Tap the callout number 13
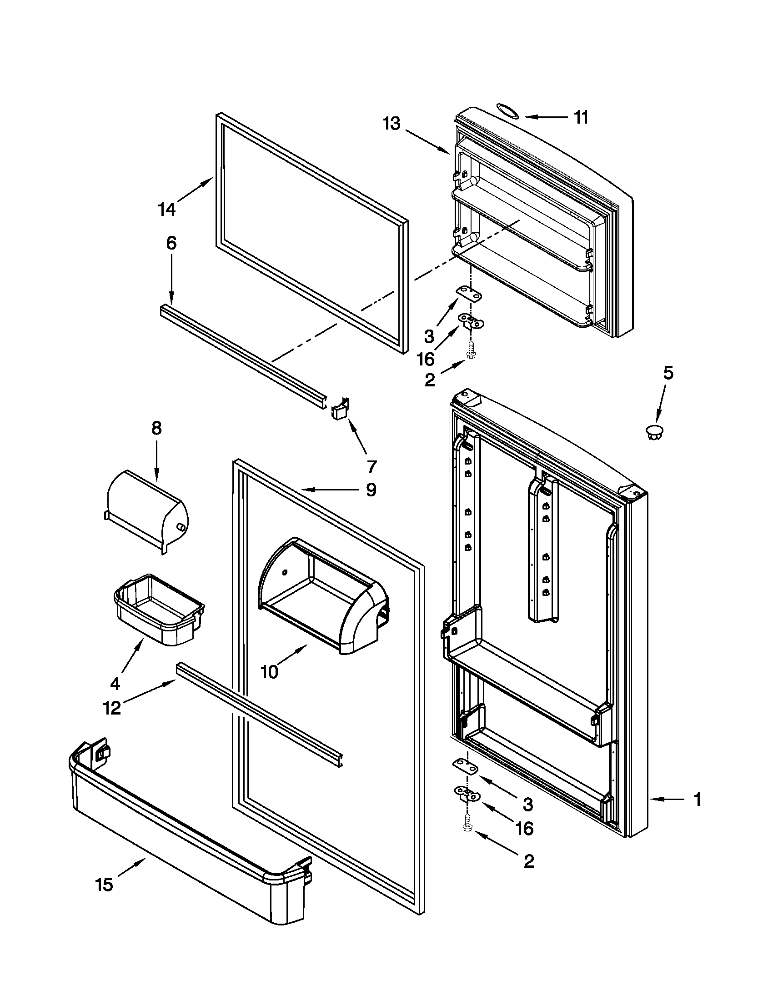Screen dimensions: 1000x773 pos(392,124)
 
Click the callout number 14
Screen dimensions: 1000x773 pos(167,210)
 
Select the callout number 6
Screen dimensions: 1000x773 pos(171,243)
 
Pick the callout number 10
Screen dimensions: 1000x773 pos(269,672)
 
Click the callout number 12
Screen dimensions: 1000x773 pos(112,708)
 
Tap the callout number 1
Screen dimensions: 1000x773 pos(697,800)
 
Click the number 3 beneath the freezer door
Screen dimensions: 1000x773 pos(429,336)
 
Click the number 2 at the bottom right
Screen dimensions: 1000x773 pos(528,861)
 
